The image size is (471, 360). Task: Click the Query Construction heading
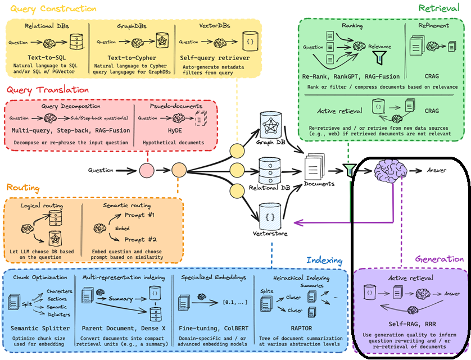click(50, 8)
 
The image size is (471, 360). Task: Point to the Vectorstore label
click(268, 233)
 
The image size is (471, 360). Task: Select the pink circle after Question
click(147, 170)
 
